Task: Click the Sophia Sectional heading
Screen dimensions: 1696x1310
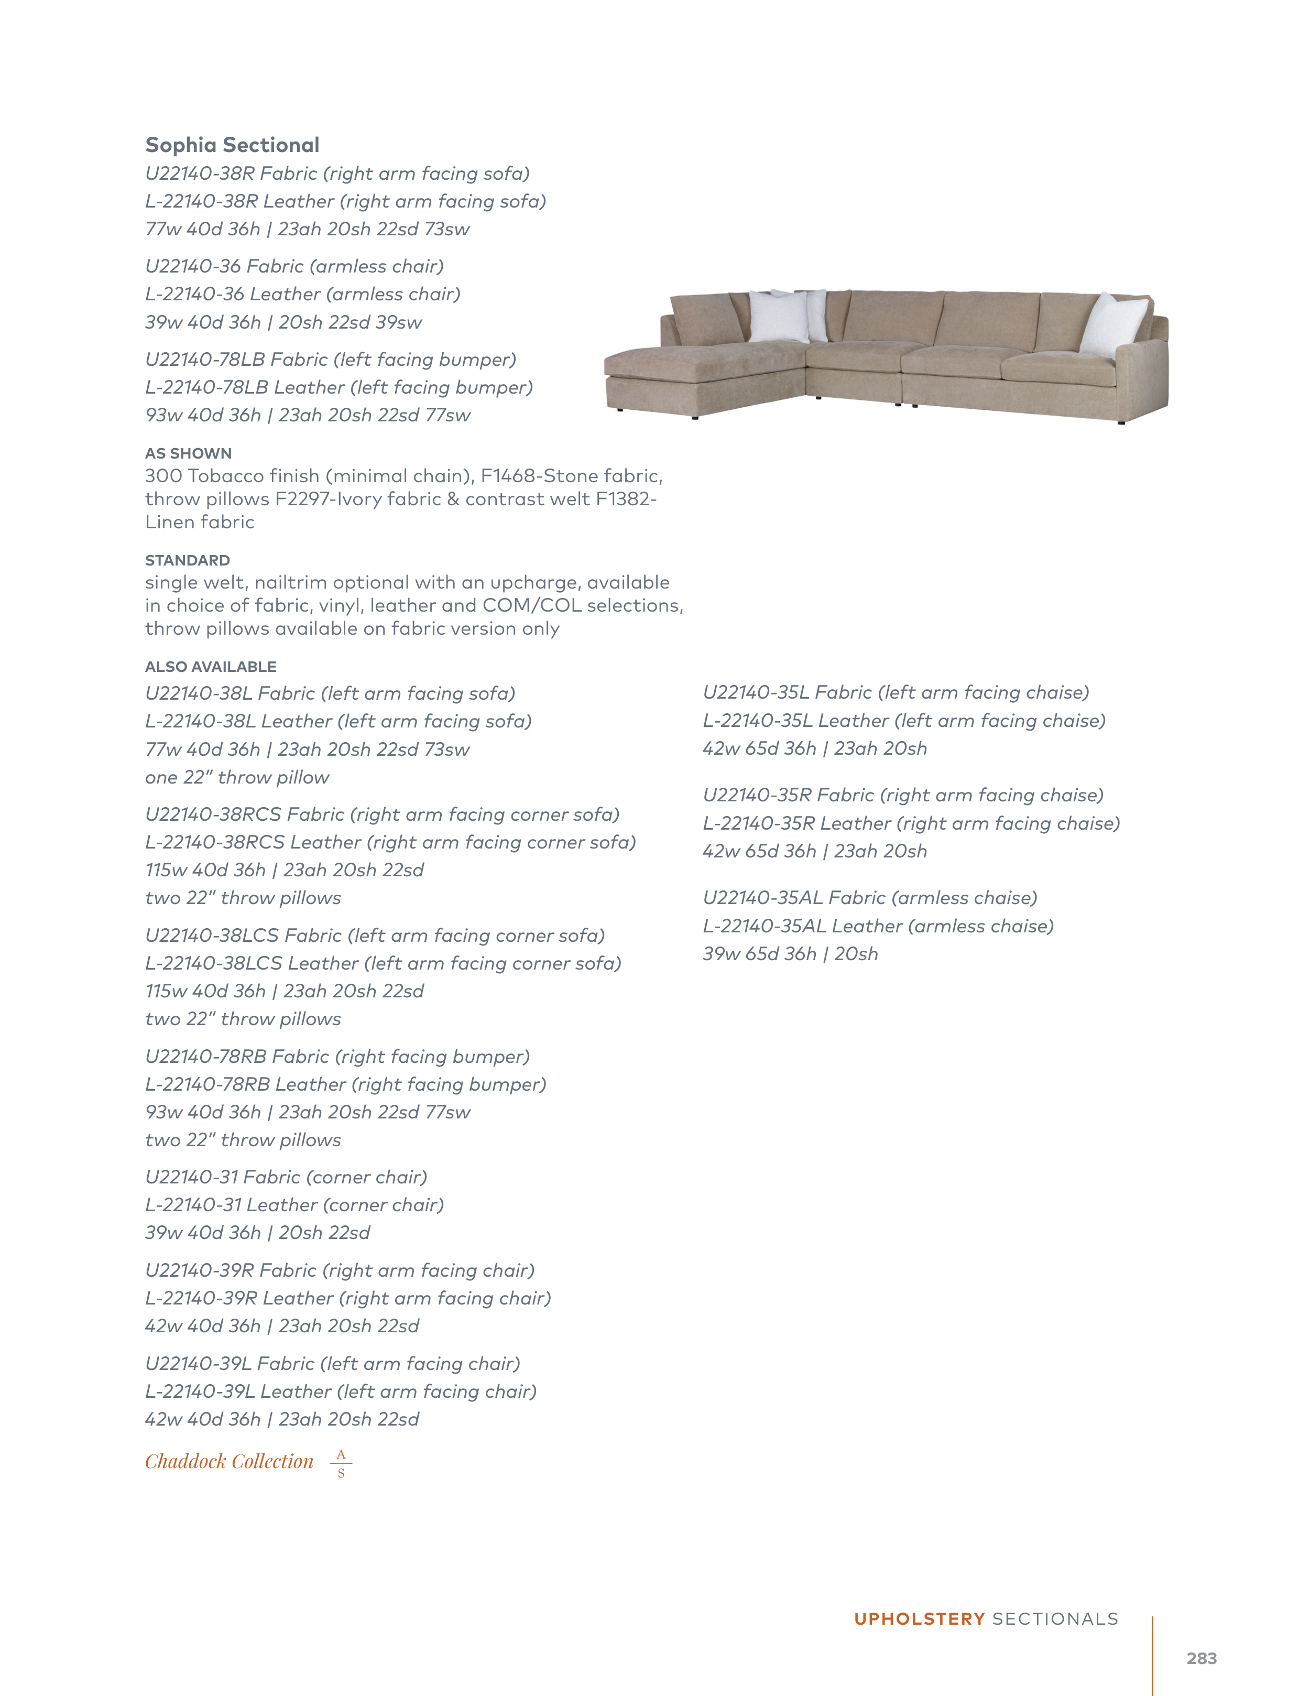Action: [x=232, y=145]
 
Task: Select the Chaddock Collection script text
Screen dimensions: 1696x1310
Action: [x=229, y=1462]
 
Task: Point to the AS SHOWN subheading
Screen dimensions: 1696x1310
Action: [x=188, y=453]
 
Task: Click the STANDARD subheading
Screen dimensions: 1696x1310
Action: [x=187, y=560]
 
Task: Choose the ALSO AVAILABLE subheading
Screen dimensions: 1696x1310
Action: [x=211, y=666]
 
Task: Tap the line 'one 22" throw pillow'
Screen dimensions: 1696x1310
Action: [x=237, y=777]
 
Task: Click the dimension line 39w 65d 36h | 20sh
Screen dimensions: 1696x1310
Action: [x=790, y=954]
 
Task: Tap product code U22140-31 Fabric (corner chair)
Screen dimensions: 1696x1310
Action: [x=286, y=1177]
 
